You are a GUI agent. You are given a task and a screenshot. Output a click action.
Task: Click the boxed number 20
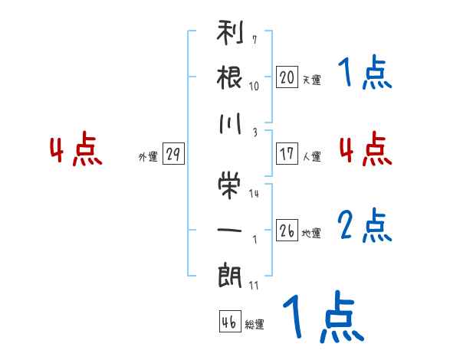[287, 77]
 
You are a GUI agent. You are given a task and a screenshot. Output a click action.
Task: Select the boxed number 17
[287, 153]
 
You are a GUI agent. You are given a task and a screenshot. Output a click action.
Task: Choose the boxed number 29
[172, 154]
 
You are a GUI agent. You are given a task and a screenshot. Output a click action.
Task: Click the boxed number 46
[229, 322]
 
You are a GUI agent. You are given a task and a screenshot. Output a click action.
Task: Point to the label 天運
[312, 80]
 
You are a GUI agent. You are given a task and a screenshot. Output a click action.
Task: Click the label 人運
[312, 156]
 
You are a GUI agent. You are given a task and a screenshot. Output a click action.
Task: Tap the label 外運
[147, 156]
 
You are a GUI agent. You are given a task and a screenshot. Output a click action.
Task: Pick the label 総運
[255, 325]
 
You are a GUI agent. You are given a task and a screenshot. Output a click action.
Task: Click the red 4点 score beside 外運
[76, 150]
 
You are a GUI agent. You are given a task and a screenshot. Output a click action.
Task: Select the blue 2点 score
[365, 227]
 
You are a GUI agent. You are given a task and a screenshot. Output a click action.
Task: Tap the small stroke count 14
[254, 193]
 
